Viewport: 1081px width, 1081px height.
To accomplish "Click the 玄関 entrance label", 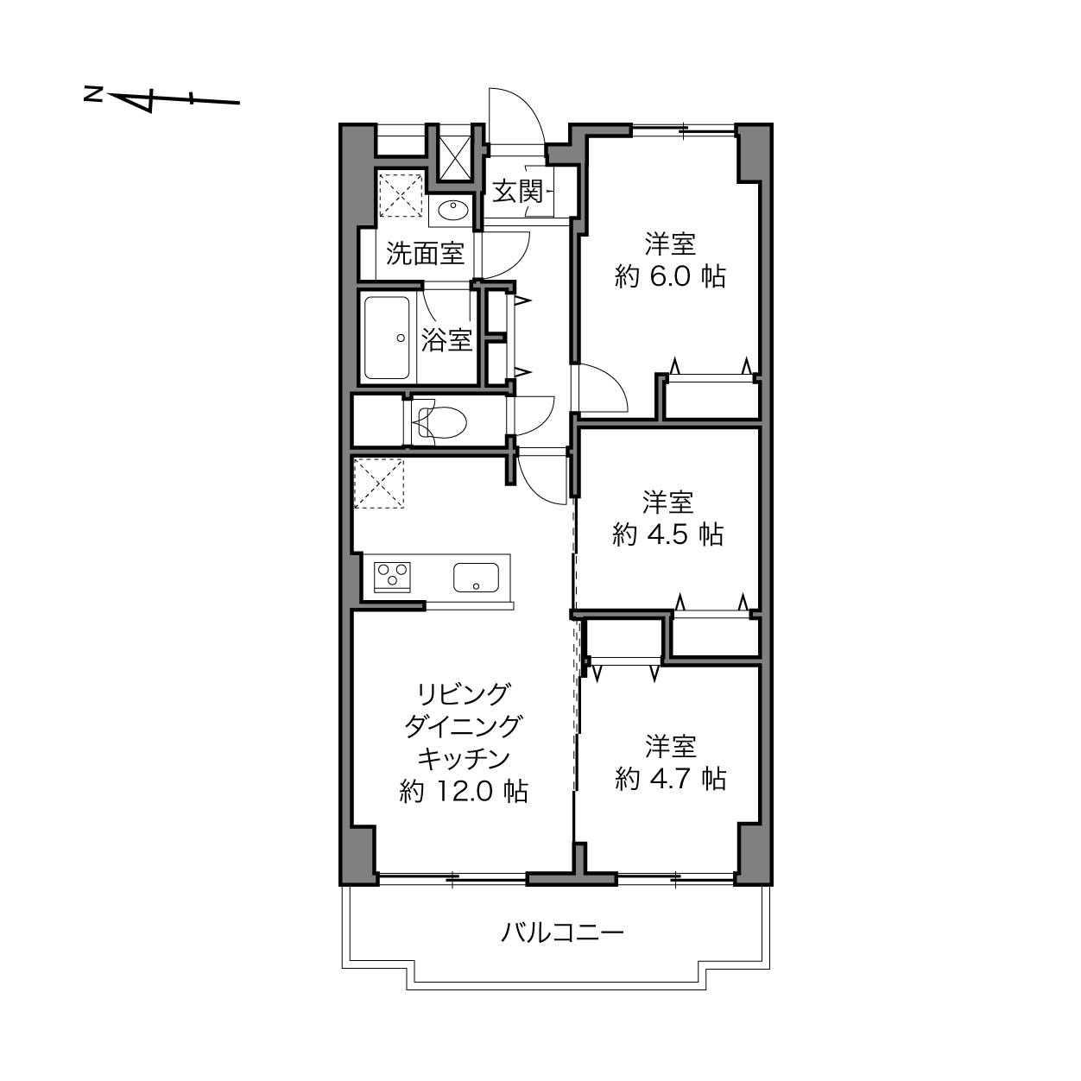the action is [517, 193].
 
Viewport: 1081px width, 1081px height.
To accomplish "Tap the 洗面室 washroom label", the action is [425, 254].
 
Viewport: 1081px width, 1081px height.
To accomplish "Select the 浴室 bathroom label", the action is [446, 339].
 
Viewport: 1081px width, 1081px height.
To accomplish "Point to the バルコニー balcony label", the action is [562, 932].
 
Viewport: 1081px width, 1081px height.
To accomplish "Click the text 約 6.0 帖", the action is [670, 276].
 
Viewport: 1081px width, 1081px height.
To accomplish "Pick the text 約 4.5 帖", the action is [667, 534].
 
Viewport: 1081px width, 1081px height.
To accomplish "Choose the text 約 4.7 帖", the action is [670, 779].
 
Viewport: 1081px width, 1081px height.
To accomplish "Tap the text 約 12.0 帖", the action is [464, 792].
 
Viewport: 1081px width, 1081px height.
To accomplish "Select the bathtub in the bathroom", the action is [387, 338].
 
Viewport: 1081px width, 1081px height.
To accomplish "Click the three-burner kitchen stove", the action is [393, 577].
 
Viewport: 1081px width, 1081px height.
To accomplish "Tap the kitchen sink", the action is [477, 578].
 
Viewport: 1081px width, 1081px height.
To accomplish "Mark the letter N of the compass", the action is [92, 94].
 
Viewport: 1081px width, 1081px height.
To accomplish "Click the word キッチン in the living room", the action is [464, 759].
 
